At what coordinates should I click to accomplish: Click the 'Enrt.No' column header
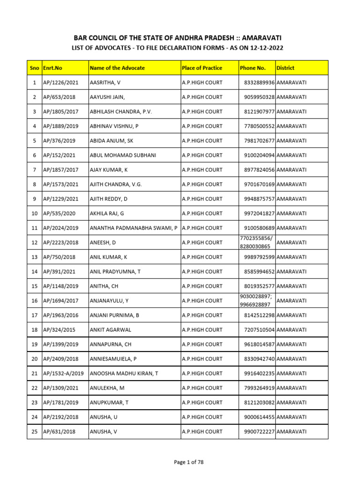(52, 68)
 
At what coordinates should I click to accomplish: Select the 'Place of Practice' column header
(202, 68)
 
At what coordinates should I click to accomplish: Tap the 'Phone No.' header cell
(253, 68)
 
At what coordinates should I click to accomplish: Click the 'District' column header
(285, 68)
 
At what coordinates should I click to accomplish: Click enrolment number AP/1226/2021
(61, 82)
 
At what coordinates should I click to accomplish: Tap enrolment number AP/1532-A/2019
(63, 373)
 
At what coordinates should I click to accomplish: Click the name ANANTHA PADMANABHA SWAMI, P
(134, 228)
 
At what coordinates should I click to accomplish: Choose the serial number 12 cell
(34, 242)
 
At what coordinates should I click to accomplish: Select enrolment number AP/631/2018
(60, 431)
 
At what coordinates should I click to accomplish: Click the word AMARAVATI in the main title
(256, 37)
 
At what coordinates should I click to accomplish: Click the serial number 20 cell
(34, 359)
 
